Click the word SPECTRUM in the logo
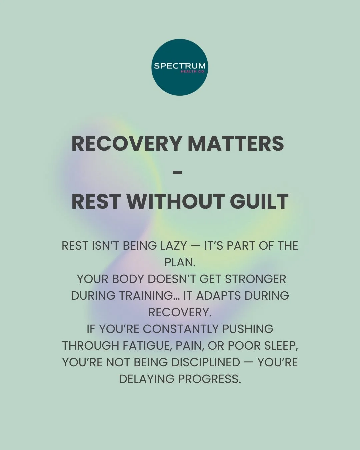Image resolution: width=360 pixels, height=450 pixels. (x=180, y=66)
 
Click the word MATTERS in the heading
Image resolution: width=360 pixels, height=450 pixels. (x=236, y=143)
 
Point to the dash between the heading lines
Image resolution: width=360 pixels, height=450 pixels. (x=178, y=172)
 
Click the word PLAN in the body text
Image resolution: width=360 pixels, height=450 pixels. (x=179, y=262)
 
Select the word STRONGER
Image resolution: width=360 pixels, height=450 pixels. (x=255, y=279)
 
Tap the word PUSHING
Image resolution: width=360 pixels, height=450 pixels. (x=248, y=329)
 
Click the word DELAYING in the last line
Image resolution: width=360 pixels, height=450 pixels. (x=147, y=379)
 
